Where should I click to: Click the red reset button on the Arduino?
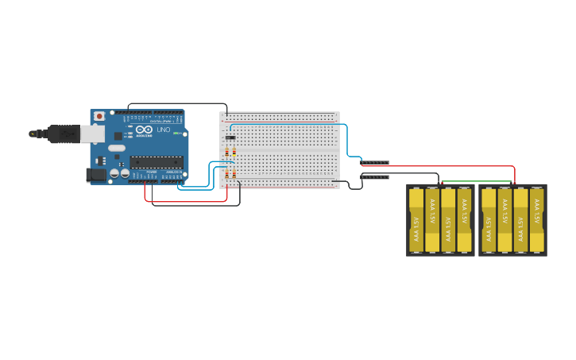99,116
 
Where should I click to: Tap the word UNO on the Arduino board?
163,130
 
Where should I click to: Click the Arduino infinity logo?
145,130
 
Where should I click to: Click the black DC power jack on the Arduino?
96,174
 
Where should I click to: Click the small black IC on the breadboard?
230,137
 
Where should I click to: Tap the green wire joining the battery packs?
477,182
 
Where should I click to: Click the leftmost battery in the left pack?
416,220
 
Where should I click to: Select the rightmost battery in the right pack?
536,220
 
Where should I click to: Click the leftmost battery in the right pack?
488,220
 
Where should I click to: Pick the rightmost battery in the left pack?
464,220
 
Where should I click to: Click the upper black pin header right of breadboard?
375,163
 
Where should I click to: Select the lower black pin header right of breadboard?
375,176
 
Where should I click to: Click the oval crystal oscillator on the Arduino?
117,149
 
